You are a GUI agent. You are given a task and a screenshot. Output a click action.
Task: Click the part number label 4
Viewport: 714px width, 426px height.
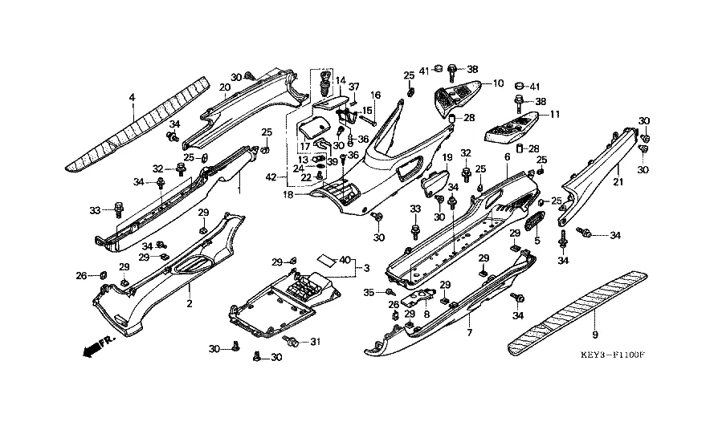(x=133, y=98)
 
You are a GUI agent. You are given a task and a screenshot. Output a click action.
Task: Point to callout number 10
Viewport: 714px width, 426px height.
(x=498, y=83)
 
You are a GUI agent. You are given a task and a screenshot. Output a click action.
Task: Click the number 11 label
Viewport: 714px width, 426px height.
(x=553, y=115)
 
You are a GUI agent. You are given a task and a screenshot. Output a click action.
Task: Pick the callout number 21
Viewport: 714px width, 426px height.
(x=618, y=182)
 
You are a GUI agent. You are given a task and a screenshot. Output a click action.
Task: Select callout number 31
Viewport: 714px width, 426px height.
(x=315, y=343)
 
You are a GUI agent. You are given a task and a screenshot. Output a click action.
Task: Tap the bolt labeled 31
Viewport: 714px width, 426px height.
(x=292, y=343)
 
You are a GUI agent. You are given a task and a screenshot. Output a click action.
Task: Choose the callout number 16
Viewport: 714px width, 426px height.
(x=375, y=95)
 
